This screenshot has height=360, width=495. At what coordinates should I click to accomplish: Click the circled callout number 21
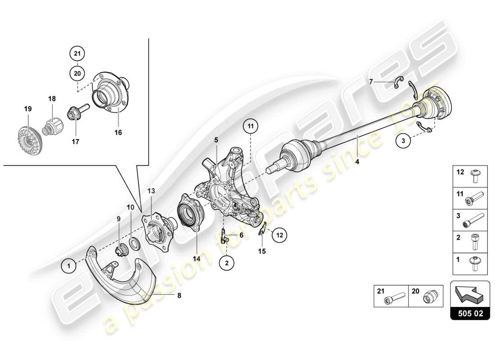pos(77,54)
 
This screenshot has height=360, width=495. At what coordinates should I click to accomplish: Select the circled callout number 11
pos(251,128)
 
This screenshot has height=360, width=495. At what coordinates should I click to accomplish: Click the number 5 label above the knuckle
pos(216,140)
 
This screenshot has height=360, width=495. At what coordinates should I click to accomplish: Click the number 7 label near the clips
pos(371,81)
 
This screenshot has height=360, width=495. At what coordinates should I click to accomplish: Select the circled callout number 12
pos(279,234)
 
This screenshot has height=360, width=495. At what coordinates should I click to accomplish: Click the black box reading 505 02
pos(470,313)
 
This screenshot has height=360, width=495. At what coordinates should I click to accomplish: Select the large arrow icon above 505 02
pos(470,294)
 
